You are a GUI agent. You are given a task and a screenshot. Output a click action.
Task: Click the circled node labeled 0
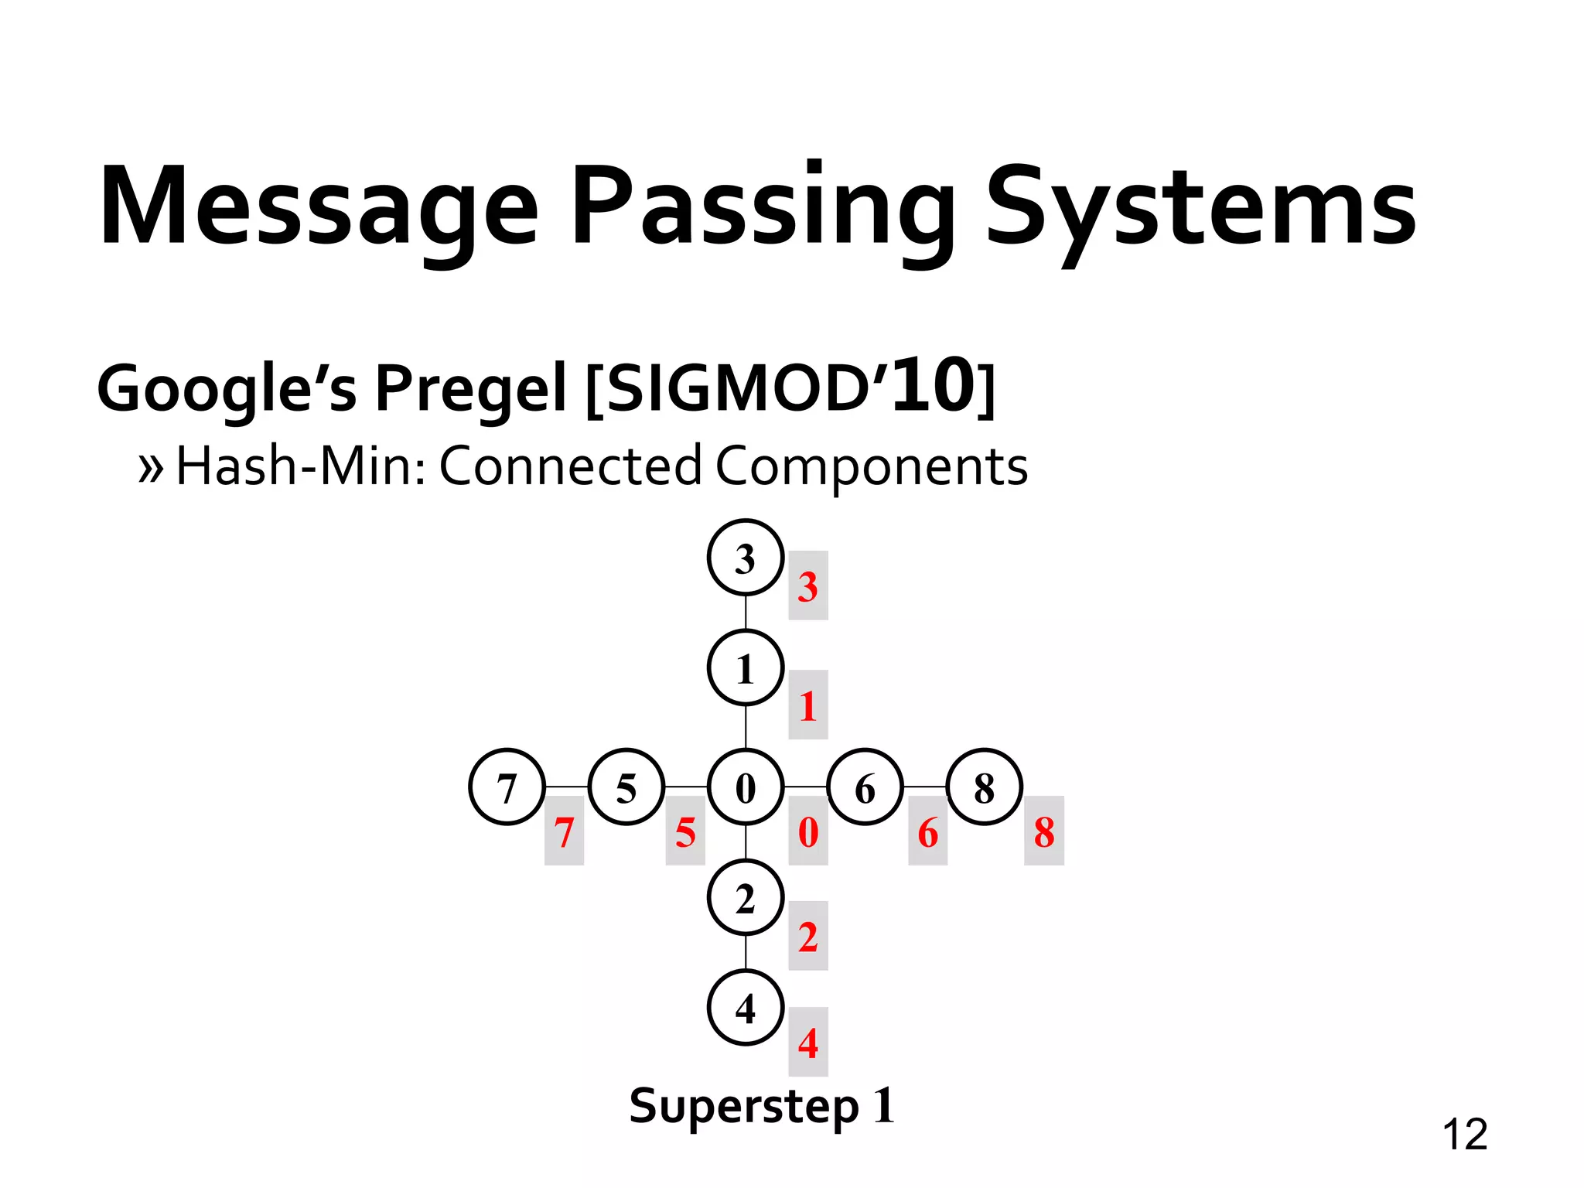746,787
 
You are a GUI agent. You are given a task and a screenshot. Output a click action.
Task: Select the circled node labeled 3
746,558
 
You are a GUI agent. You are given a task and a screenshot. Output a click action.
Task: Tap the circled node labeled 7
507,787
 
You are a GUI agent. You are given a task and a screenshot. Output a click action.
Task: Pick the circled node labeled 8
985,787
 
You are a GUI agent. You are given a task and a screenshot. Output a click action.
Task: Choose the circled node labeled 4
746,1008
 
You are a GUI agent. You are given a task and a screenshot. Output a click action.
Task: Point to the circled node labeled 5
626,787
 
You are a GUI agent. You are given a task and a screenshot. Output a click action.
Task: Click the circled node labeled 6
865,787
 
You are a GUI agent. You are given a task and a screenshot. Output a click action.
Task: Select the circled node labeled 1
746,668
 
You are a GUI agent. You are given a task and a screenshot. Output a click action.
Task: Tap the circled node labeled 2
746,899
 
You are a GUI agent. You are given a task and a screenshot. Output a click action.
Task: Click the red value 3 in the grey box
808,586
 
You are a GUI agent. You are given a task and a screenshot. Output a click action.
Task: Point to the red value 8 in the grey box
1044,831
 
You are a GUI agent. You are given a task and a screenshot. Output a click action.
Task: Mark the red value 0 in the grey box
808,831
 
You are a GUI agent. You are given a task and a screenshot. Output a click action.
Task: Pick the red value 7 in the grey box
564,831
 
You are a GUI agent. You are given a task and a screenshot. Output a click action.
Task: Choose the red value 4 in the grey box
808,1043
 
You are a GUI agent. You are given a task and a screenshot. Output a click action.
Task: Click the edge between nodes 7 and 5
567,787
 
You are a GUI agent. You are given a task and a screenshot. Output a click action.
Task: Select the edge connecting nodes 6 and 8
925,787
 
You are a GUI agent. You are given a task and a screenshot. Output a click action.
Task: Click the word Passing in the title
764,207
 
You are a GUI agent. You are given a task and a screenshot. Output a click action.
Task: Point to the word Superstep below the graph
744,1106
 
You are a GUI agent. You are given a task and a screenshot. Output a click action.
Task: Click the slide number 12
1464,1135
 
